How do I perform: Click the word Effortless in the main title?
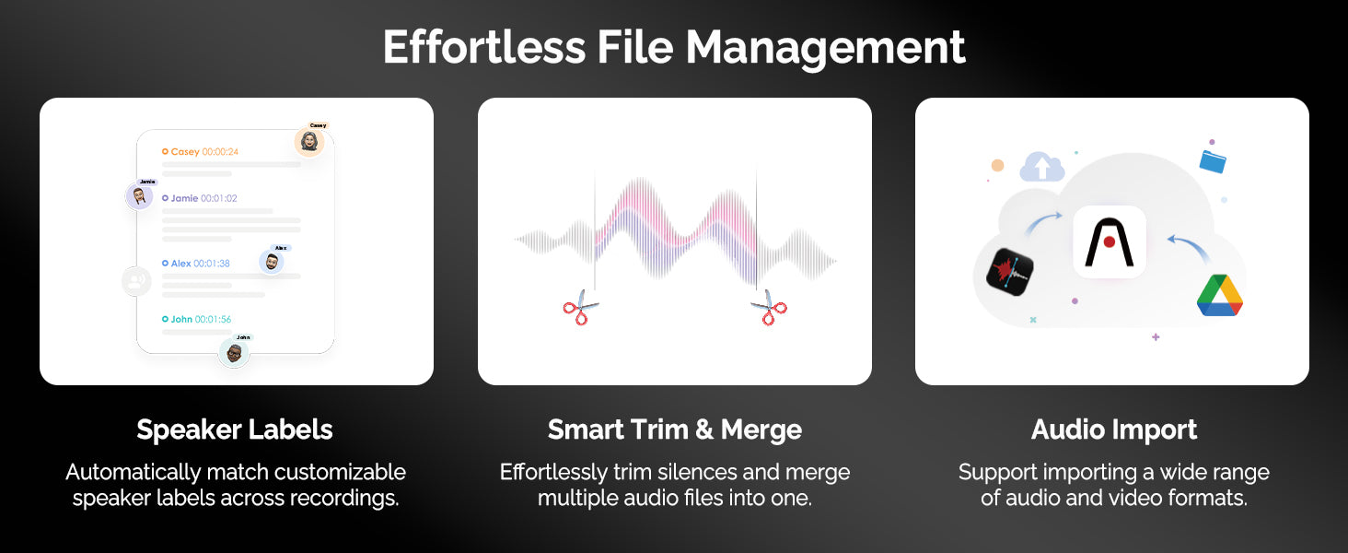pos(484,47)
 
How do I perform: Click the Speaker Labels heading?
pos(235,430)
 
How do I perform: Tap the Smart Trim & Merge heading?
pos(675,430)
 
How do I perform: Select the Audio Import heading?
pos(1114,430)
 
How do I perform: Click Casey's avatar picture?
pos(309,142)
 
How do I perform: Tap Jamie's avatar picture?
pos(139,195)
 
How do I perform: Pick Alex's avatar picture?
pos(272,262)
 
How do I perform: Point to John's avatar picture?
pos(234,352)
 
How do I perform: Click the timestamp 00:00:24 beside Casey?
pos(220,152)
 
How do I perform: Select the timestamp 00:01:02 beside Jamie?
pos(219,198)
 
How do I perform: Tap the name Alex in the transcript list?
pos(180,264)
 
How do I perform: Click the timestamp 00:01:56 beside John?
pos(213,319)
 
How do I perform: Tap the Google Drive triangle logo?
pos(1220,295)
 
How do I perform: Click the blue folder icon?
pos(1213,161)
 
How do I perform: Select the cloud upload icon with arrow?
pos(1041,166)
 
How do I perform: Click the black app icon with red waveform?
pos(1010,272)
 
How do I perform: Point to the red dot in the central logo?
pos(1110,242)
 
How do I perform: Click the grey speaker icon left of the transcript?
pos(136,281)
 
